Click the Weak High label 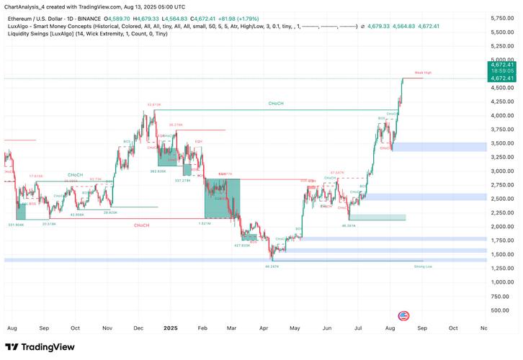tap(423, 73)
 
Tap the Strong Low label tap(423, 266)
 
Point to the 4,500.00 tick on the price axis tap(501, 88)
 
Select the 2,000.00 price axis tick tap(501, 227)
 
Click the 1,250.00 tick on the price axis tap(501, 268)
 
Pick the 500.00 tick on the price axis tap(503, 310)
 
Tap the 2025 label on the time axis tap(170, 328)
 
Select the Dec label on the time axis tap(138, 328)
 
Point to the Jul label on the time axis tap(358, 328)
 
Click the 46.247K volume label tap(272, 266)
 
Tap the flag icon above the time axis tap(403, 315)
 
